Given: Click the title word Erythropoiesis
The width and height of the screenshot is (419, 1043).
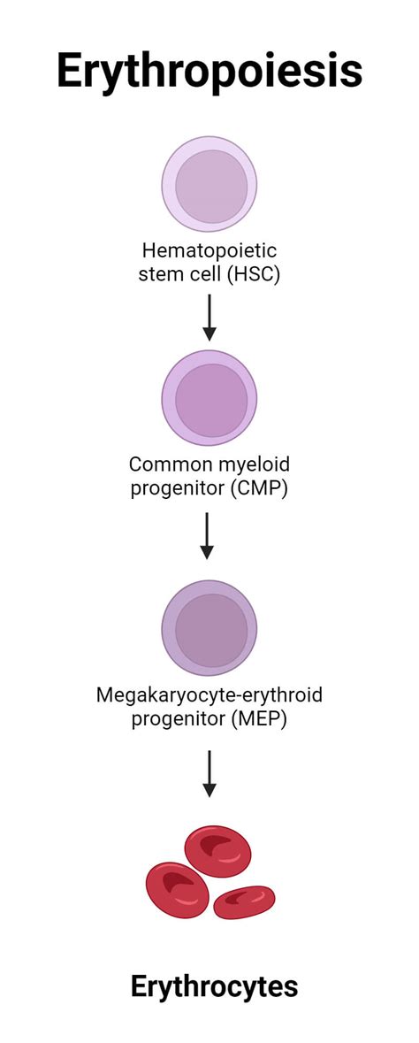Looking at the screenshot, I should (209, 71).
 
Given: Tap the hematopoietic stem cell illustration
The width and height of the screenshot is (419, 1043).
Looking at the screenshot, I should (209, 184).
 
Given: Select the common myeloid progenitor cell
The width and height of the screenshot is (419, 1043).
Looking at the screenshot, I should (209, 398).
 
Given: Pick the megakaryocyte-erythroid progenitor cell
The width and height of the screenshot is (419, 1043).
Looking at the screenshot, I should (209, 628).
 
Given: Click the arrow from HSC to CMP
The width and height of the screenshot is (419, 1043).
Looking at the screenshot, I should (209, 317).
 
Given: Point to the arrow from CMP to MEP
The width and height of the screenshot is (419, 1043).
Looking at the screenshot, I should (207, 535).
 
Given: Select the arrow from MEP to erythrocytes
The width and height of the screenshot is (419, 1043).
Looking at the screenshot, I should (209, 774).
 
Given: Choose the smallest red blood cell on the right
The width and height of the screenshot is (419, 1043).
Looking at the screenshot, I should (244, 901).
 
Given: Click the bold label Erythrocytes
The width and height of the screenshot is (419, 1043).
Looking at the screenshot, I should (214, 987).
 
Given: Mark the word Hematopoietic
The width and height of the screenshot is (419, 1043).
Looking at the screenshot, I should (209, 251).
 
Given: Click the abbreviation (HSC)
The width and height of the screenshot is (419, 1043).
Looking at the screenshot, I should (253, 274).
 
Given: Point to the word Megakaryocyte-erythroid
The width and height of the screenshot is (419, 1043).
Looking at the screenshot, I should (209, 694).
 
